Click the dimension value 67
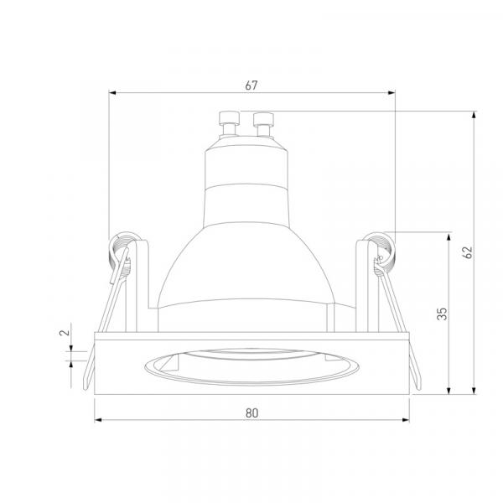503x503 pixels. pos(251,86)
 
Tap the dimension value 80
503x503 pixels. pos(251,413)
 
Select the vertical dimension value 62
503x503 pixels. pos(468,252)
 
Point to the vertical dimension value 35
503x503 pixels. pos(442,314)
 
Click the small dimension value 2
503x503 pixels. pos(65,332)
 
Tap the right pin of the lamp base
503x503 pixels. pos(263,124)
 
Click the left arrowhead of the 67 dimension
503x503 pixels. pos(112,93)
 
